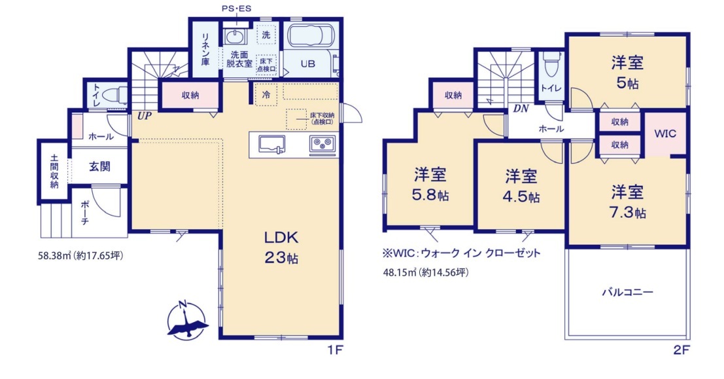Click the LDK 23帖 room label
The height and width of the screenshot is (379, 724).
[x=281, y=247]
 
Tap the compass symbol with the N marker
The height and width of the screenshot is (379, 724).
[x=186, y=320]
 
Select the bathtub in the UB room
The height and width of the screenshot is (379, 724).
[x=310, y=35]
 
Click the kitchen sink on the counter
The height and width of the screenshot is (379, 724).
[x=271, y=144]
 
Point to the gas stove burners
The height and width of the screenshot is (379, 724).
[x=322, y=144]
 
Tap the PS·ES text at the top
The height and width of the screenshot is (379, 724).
[x=236, y=9]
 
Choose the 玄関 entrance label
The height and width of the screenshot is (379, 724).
[x=99, y=166]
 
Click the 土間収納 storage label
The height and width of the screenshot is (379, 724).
[x=54, y=171]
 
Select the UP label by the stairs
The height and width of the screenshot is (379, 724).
[x=144, y=116]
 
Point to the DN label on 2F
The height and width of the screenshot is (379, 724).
[x=521, y=109]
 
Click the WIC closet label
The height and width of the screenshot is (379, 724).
[x=665, y=134]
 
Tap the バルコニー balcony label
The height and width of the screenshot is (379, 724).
[x=627, y=292]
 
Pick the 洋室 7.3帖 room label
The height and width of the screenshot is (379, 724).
[x=627, y=202]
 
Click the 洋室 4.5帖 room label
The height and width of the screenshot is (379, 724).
[x=521, y=187]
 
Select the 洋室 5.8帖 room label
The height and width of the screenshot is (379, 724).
[x=430, y=185]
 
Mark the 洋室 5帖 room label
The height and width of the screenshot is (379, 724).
[x=627, y=72]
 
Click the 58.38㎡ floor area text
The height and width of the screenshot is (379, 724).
[x=81, y=255]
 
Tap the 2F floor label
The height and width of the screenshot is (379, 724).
[x=681, y=350]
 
